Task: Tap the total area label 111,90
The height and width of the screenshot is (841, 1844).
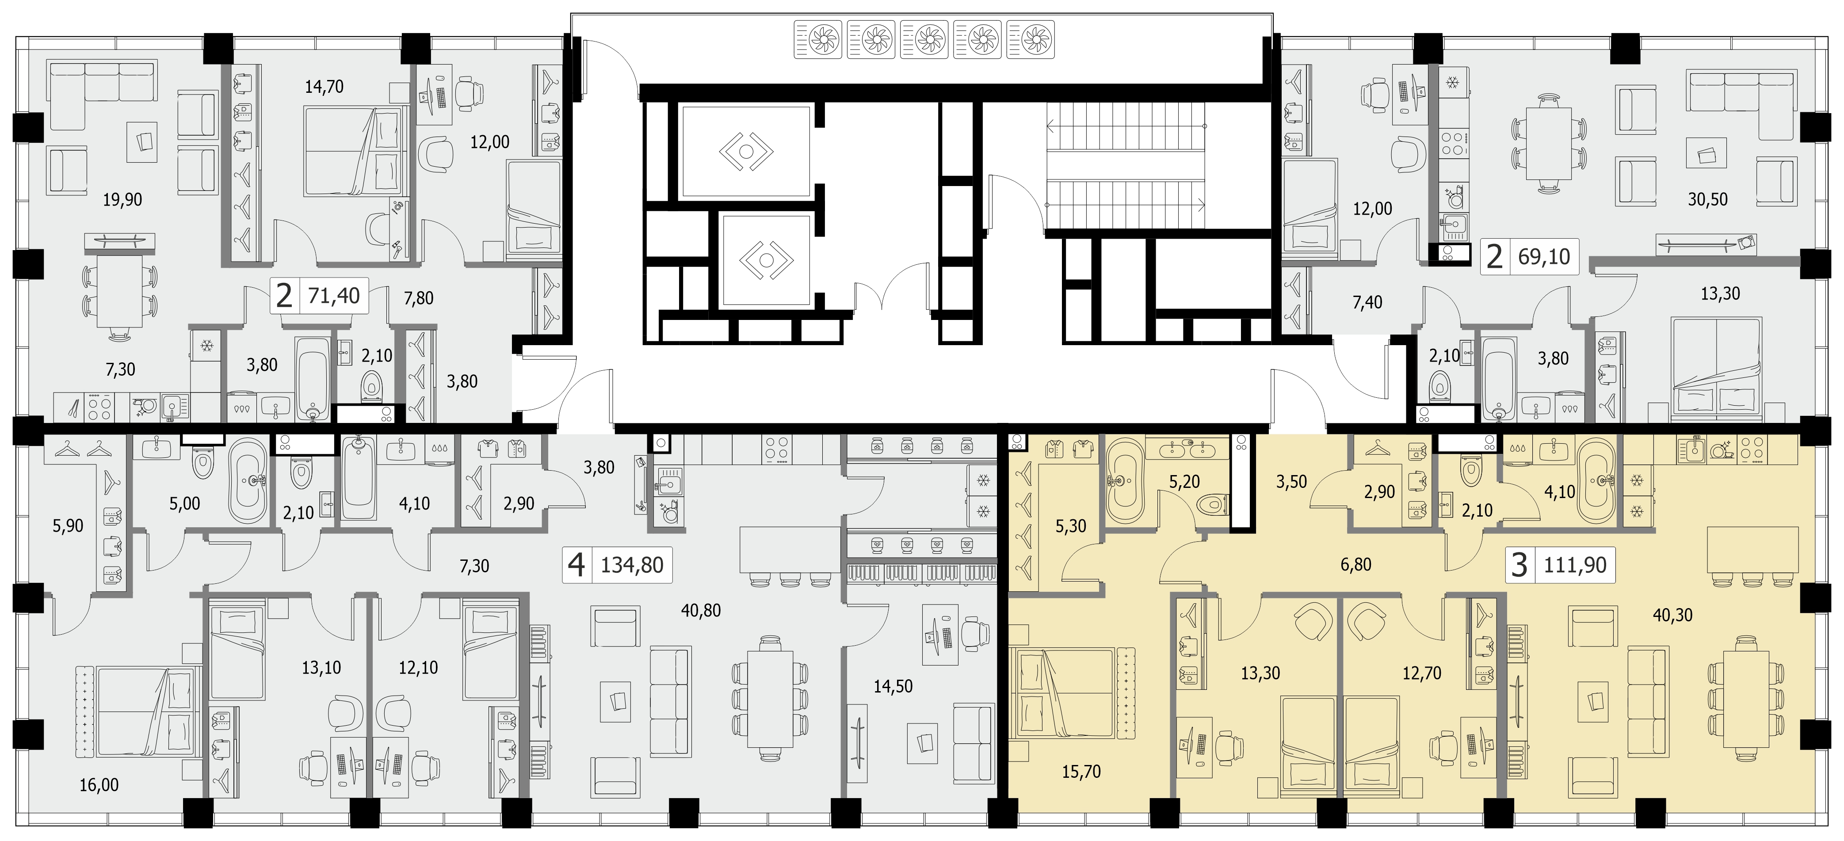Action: point(1575,565)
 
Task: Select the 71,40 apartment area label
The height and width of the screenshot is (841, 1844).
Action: point(334,295)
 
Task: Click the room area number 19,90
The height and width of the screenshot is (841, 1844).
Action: point(122,200)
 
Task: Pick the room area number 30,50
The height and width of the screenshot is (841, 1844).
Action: point(1707,200)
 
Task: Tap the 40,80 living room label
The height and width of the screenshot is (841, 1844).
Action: point(701,610)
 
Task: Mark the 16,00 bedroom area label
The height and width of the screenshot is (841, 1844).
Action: point(99,785)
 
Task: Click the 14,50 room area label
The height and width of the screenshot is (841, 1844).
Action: point(893,686)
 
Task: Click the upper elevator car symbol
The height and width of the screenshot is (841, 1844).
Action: point(746,152)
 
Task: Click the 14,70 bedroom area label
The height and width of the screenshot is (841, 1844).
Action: point(324,87)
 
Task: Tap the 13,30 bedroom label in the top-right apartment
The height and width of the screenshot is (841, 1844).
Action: point(1720,293)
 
